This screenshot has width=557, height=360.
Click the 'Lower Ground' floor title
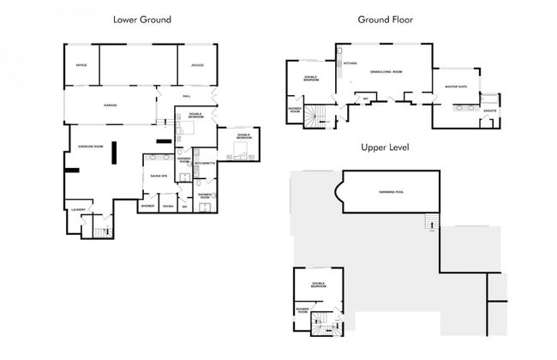point(142,18)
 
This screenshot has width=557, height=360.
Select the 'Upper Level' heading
point(385,147)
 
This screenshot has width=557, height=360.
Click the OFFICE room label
point(82,66)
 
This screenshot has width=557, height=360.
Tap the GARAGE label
point(111,105)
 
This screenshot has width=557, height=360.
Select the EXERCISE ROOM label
point(91,147)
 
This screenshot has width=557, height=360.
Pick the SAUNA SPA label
point(158,175)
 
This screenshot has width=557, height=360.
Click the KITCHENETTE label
point(205,163)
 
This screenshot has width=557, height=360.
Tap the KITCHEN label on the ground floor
point(350,63)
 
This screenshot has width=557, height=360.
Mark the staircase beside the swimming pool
point(433,225)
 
